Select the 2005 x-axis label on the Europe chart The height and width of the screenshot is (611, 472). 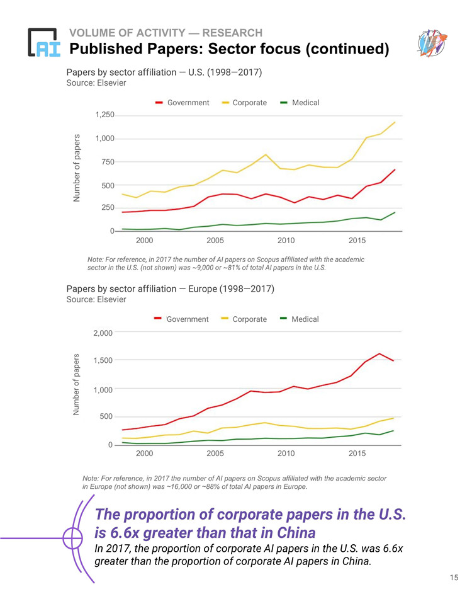215,454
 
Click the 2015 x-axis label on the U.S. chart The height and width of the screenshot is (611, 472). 357,240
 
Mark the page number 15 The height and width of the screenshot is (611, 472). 454,578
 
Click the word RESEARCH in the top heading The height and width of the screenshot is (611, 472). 231,33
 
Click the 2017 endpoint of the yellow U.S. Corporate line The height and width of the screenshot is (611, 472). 395,123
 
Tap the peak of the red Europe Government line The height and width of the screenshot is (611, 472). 379,354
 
